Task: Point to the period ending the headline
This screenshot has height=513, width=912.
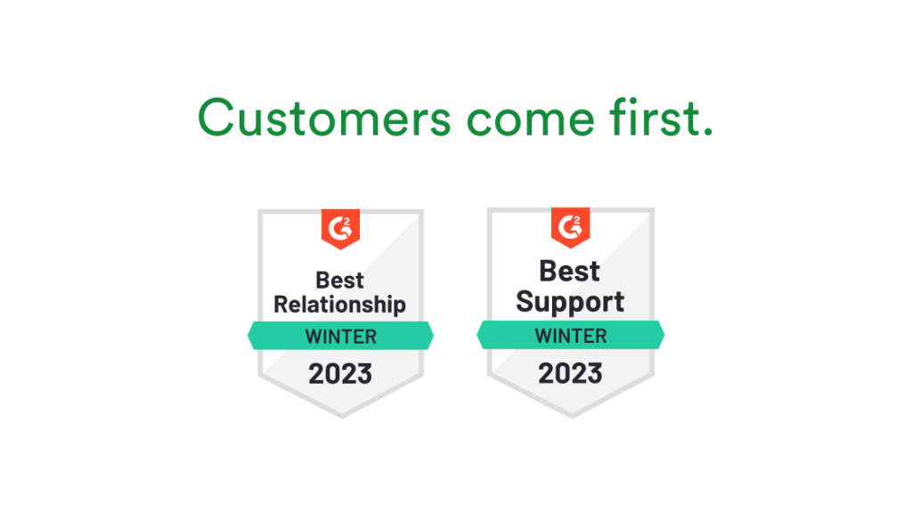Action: click(708, 132)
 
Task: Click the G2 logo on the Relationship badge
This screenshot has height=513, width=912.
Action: click(340, 228)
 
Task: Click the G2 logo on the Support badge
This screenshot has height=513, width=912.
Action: click(570, 226)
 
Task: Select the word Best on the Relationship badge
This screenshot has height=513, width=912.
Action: click(340, 281)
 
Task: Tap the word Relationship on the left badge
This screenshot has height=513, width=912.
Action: click(340, 305)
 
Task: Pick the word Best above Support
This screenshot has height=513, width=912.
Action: click(570, 270)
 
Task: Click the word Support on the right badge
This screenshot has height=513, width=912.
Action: click(570, 301)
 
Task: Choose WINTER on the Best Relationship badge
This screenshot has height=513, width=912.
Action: click(340, 337)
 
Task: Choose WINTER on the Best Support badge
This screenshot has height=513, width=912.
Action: click(570, 336)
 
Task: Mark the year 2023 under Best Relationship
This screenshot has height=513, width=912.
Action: click(340, 374)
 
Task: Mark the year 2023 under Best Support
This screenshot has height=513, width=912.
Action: click(570, 373)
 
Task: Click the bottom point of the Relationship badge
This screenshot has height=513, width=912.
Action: click(340, 415)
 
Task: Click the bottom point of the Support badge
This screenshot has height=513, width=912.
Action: click(570, 415)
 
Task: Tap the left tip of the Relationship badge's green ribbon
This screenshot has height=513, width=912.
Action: click(249, 337)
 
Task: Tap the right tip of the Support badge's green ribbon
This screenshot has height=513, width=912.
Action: click(663, 336)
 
